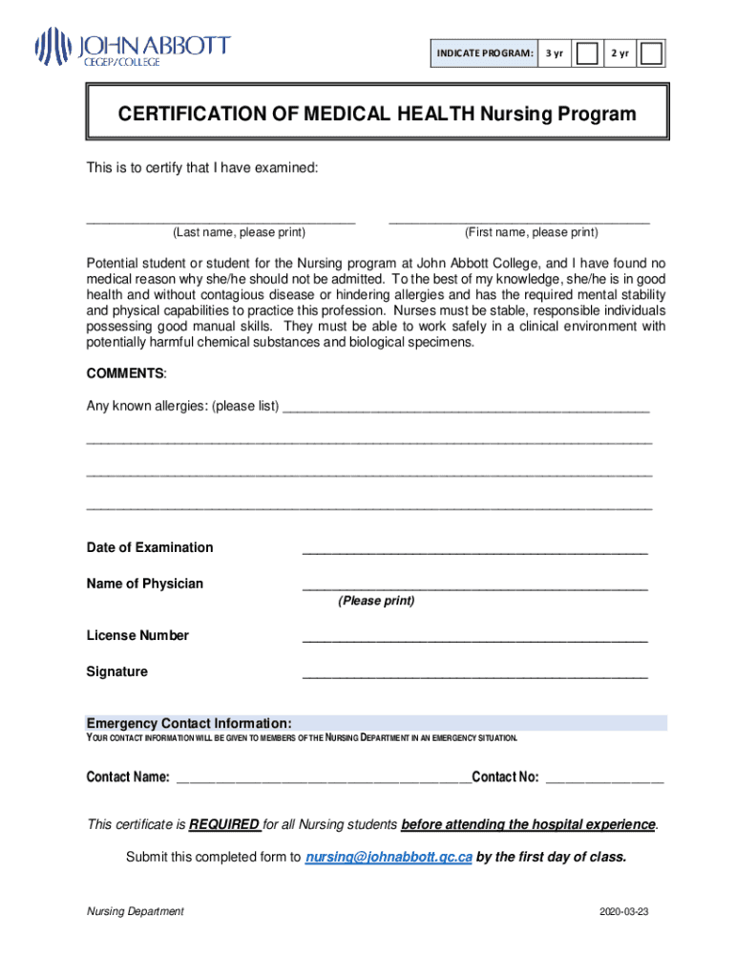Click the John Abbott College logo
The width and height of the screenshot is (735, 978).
133,47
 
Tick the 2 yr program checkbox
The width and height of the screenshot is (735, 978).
652,53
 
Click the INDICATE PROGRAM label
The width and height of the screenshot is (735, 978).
485,53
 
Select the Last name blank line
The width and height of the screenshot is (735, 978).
220,221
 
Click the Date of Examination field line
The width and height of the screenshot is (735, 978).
474,551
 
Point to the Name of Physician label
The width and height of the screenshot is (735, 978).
145,584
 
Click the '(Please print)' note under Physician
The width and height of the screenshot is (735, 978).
376,601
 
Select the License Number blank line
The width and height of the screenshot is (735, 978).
474,639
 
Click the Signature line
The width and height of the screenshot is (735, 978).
474,675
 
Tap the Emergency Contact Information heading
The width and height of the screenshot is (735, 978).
189,723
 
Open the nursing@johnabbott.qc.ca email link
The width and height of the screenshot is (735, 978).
388,857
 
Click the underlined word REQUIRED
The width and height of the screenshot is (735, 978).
224,824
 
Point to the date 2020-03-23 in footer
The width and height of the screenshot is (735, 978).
624,912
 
